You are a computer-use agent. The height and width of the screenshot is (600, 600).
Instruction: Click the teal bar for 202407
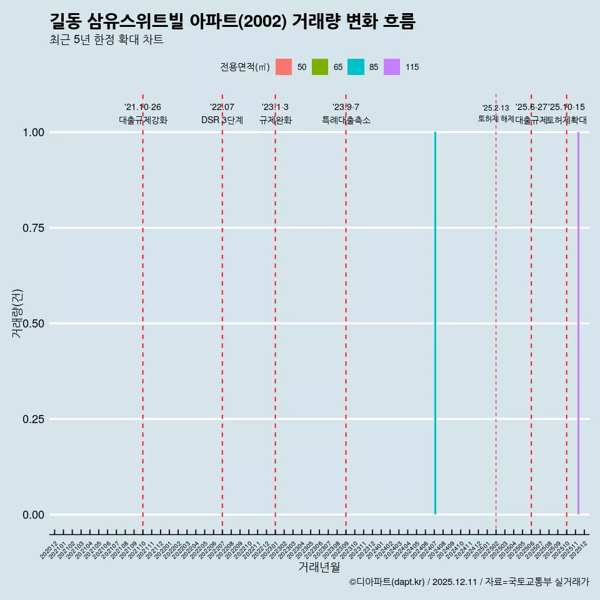[x=435, y=323]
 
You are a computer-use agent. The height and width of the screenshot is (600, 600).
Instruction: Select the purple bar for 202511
[x=578, y=323]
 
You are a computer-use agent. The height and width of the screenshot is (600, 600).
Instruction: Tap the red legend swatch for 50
[x=284, y=67]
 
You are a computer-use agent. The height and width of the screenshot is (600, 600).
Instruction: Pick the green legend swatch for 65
[x=320, y=67]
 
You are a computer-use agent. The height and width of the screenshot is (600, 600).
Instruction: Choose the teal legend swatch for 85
[x=356, y=67]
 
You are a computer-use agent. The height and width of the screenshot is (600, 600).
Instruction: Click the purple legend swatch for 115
[x=392, y=67]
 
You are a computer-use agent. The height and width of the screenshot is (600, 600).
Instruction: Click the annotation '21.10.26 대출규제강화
[x=143, y=114]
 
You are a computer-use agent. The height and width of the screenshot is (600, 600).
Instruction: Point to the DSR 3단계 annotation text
[x=222, y=120]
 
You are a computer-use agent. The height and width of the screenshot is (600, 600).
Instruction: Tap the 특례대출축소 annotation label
[x=346, y=120]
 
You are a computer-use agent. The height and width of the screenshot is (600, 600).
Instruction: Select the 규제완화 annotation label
[x=275, y=120]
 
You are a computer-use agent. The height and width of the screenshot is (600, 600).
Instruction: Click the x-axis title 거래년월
[x=319, y=567]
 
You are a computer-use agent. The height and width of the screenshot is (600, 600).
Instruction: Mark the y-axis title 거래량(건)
[x=17, y=314]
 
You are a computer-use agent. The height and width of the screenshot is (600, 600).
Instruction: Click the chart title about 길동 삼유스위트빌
[x=232, y=22]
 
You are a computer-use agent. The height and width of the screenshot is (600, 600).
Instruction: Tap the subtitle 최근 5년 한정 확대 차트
[x=106, y=40]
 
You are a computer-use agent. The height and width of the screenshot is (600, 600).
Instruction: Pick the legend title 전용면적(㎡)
[x=245, y=67]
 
